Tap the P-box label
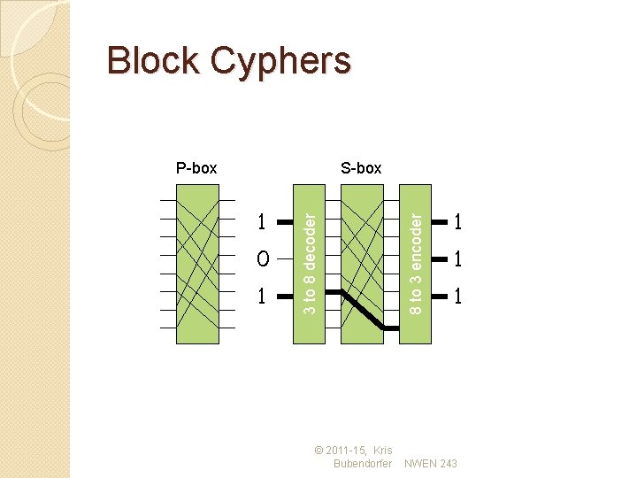[x=196, y=167]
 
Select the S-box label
[x=361, y=167]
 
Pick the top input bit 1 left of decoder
[x=261, y=220]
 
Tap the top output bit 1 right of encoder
[x=457, y=220]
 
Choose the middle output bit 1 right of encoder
[x=457, y=259]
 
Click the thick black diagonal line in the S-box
[x=364, y=310]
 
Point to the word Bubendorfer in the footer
[x=363, y=464]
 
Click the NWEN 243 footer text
[x=431, y=464]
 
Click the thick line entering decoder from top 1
[x=285, y=220]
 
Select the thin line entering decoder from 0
[x=285, y=259]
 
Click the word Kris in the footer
[x=383, y=451]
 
